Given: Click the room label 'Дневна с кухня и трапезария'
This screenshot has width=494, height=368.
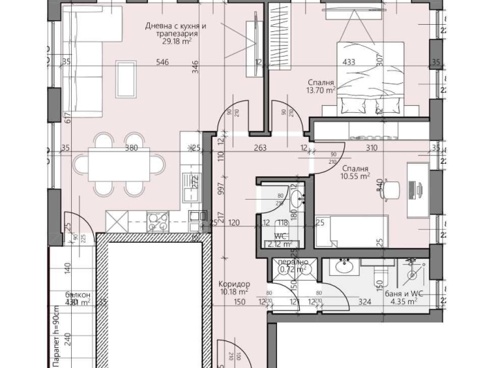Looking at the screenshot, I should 175,31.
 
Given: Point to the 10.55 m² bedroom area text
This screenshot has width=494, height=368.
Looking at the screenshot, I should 355,176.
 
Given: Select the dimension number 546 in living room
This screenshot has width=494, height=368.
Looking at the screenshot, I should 162,63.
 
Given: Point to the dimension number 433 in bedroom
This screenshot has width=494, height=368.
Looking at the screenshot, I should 349,63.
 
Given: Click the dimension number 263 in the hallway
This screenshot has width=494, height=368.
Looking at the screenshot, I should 259,148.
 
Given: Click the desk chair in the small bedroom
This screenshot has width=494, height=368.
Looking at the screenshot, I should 390,189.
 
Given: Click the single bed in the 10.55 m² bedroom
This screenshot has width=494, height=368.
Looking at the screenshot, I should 351,231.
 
